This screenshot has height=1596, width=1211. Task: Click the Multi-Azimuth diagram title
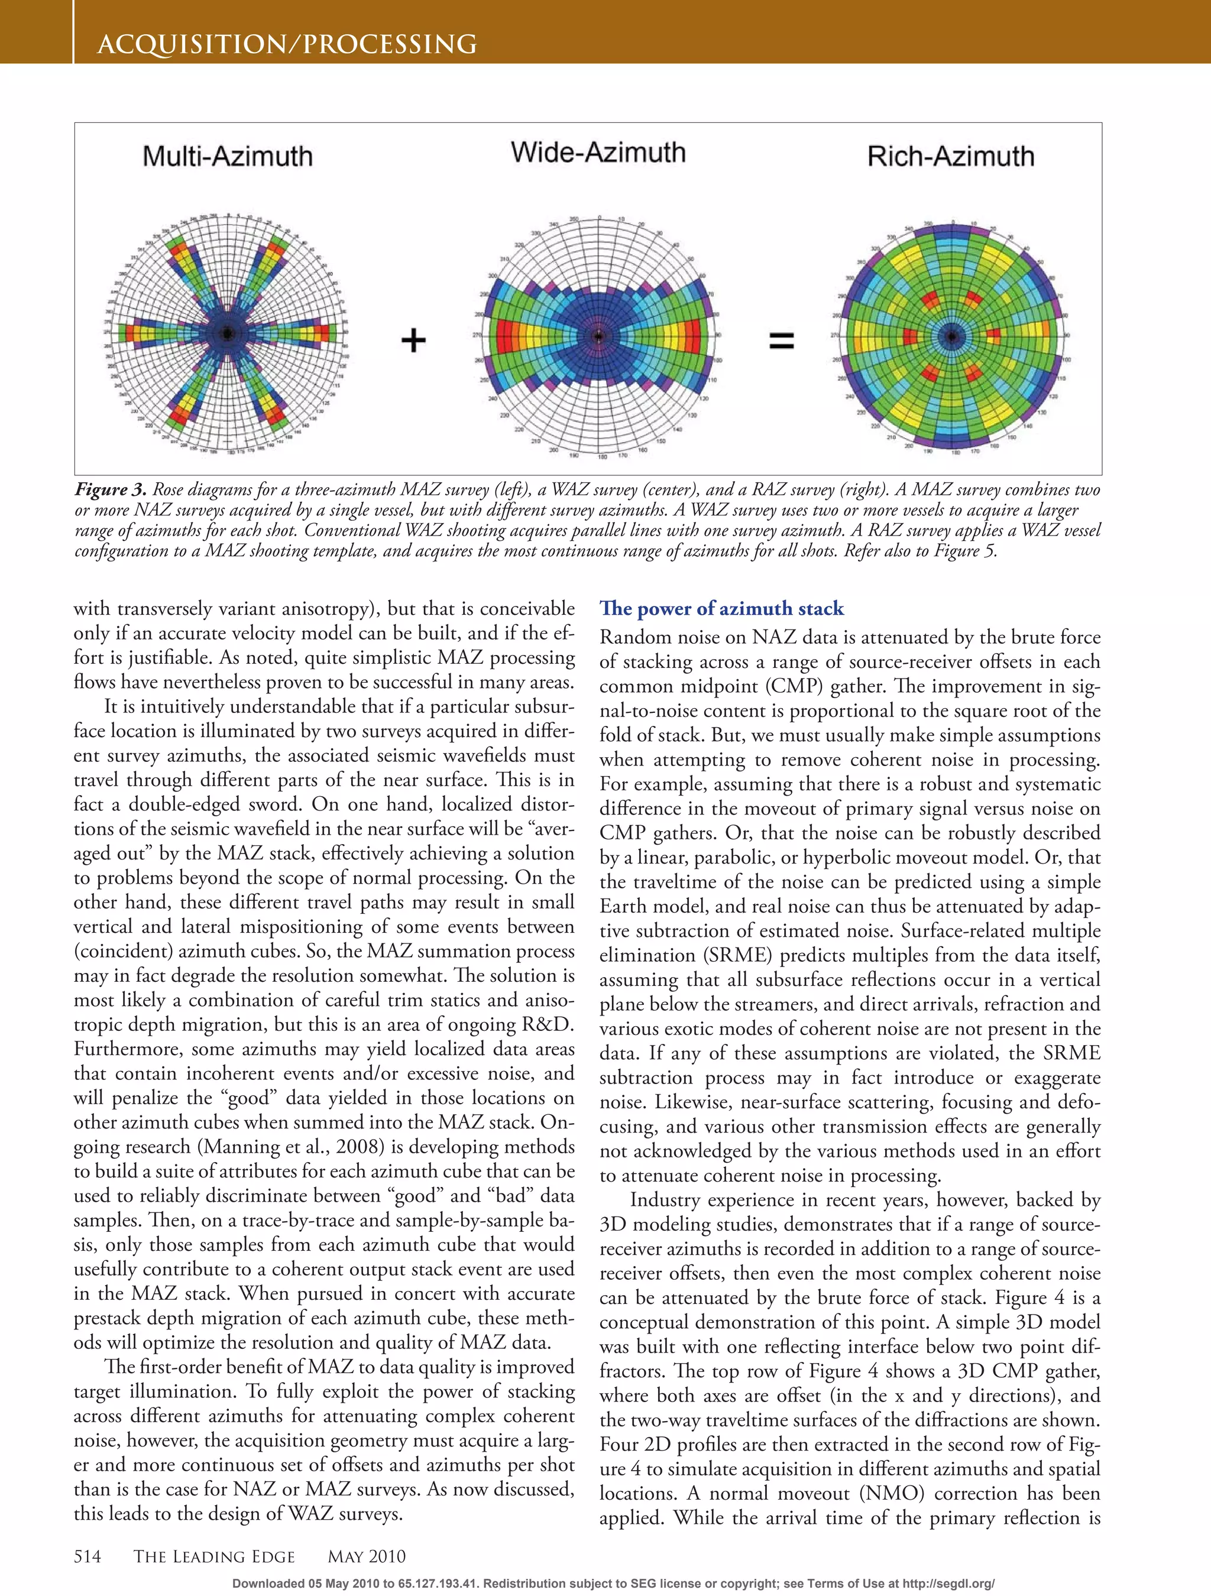click(x=227, y=157)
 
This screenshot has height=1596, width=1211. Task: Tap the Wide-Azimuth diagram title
click(x=598, y=153)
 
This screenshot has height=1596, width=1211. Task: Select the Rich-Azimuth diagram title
click(x=950, y=157)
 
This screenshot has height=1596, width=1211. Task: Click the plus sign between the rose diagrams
click(x=413, y=340)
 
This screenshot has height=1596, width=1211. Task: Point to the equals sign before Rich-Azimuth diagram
click(x=782, y=340)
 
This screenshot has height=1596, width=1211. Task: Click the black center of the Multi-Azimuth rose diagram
click(x=227, y=333)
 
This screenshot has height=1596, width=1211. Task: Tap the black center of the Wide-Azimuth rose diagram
click(x=598, y=336)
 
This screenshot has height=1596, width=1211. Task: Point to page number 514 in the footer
click(x=88, y=1556)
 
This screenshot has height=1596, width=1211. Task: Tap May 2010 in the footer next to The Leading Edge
click(x=367, y=1556)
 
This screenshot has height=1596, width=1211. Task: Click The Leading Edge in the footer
click(x=214, y=1556)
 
